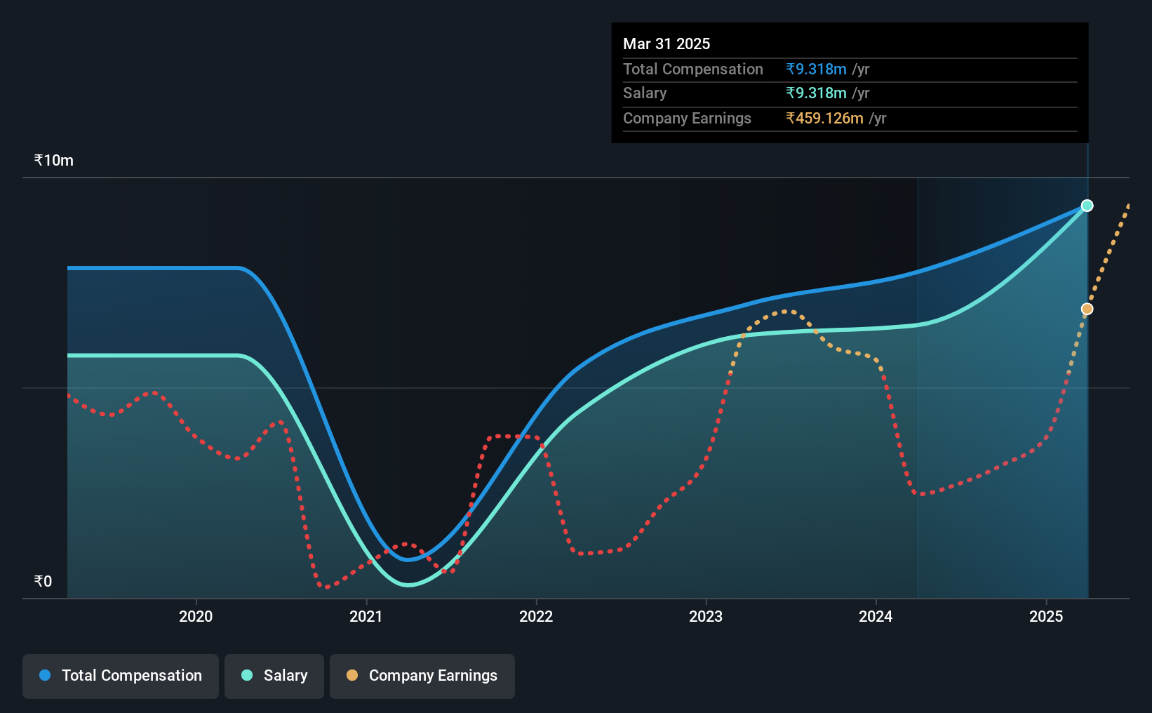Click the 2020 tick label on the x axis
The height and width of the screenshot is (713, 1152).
point(196,616)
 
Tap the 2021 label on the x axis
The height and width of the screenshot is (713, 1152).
point(366,616)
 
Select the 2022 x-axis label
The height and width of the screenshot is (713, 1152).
point(536,616)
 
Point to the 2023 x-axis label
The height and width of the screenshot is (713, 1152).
point(706,616)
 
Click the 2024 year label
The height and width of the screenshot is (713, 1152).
point(876,616)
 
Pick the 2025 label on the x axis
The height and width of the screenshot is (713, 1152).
point(1046,616)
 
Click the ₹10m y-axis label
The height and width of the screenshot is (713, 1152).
point(53,161)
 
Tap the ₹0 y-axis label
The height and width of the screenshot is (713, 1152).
point(43,581)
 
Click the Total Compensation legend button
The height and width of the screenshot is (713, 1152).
point(121,676)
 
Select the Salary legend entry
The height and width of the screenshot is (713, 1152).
point(274,676)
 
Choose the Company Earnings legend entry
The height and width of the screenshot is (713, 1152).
point(422,676)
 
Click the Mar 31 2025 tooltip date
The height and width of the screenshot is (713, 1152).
point(666,44)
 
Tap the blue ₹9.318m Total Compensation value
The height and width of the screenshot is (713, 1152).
point(816,69)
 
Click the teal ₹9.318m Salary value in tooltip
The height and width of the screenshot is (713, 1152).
point(816,93)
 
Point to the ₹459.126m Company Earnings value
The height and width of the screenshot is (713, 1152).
point(824,119)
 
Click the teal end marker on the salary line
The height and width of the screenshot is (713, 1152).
point(1087,206)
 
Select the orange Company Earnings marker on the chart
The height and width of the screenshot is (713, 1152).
point(1087,309)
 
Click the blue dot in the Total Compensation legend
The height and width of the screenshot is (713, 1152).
point(46,675)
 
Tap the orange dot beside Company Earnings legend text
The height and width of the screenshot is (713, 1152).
point(351,675)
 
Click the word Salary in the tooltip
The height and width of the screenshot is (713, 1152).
point(644,93)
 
